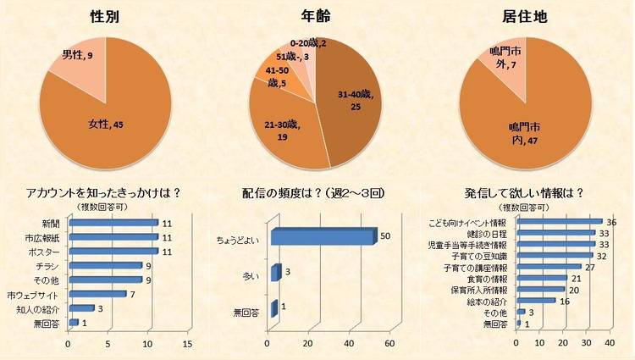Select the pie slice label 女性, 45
coord(108,125)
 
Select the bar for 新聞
coord(113,223)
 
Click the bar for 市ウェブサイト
coord(97,294)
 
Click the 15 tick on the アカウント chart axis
coord(187,345)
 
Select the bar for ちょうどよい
coord(323,236)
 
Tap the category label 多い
coord(249,274)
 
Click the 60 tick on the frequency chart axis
coord(390,343)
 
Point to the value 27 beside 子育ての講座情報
coord(590,267)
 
